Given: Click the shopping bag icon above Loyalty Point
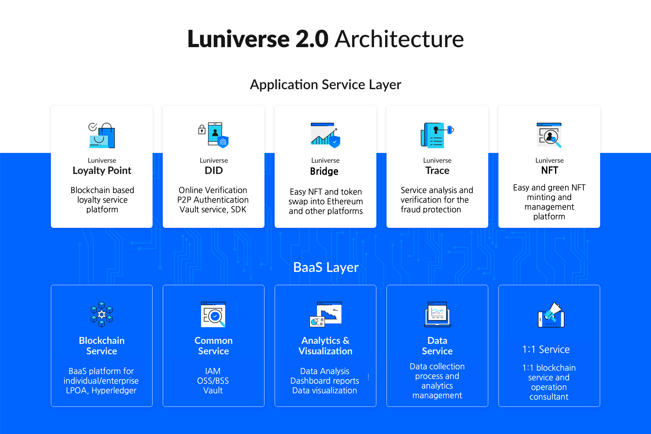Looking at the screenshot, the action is tap(102, 135).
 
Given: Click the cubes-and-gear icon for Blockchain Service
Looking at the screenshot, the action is tap(102, 314).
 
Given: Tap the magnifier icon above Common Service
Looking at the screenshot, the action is tap(213, 314).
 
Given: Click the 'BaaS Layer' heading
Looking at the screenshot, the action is tap(326, 267).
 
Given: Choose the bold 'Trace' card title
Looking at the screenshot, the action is tap(437, 170).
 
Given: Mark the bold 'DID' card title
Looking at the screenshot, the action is tap(214, 170).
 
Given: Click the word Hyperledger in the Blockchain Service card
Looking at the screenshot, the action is tap(114, 391).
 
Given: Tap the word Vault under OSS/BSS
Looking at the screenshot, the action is tap(213, 391).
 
